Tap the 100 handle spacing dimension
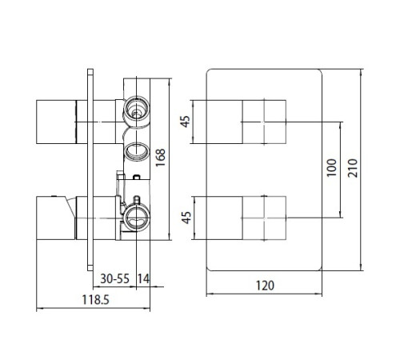(330, 166)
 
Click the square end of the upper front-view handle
(264, 121)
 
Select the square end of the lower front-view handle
(264, 217)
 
